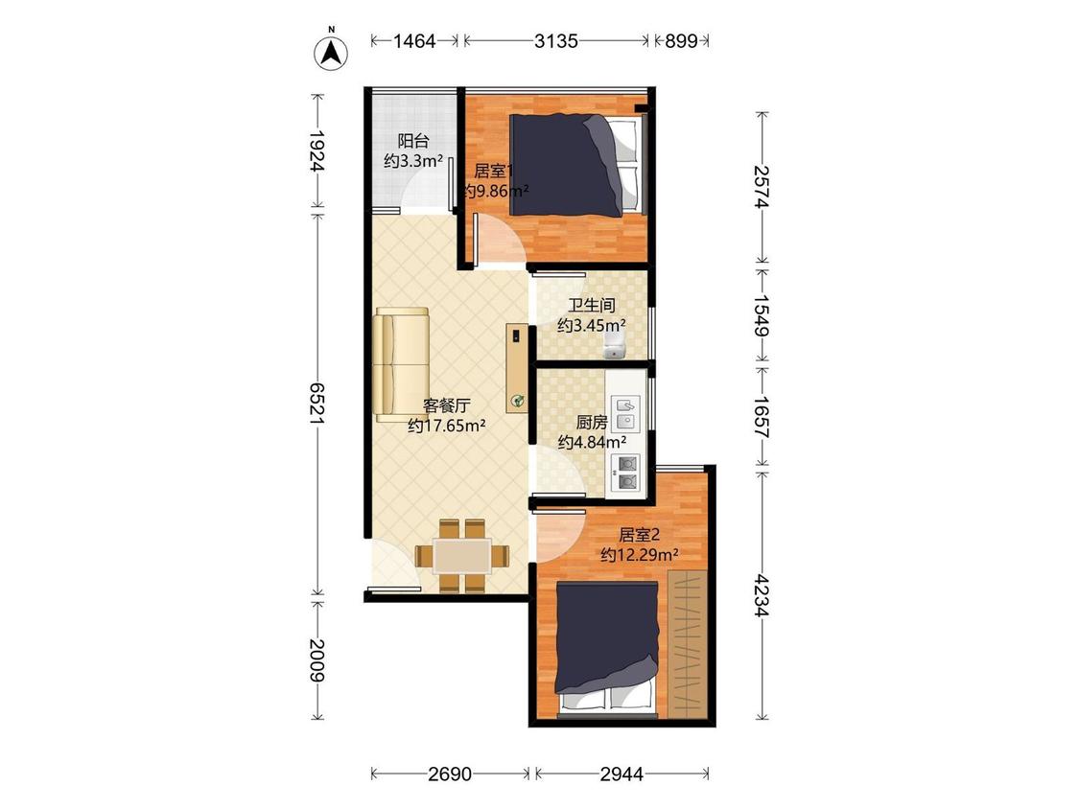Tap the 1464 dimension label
tap(414, 41)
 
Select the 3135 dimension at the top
tap(556, 41)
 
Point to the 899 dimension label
tap(681, 41)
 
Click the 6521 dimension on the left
tap(317, 404)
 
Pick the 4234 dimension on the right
tap(762, 595)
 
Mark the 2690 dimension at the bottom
tap(450, 774)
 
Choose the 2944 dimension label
tap(622, 774)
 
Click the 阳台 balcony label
tap(413, 141)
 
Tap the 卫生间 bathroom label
tap(591, 305)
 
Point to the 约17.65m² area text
tap(447, 426)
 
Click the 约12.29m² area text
tap(640, 554)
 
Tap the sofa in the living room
tap(401, 364)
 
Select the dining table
tap(461, 556)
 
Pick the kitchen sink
tap(625, 413)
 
